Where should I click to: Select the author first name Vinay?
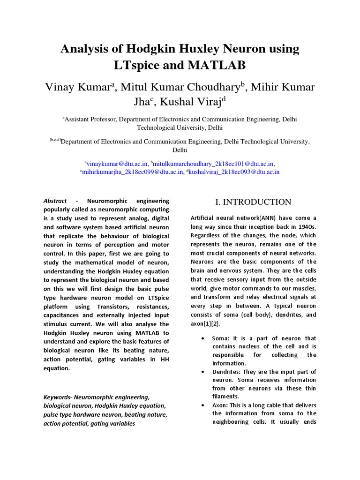coord(60,87)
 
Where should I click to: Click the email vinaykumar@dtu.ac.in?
coord(118,164)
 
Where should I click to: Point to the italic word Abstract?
coord(55,201)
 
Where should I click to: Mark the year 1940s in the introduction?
coord(307,227)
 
